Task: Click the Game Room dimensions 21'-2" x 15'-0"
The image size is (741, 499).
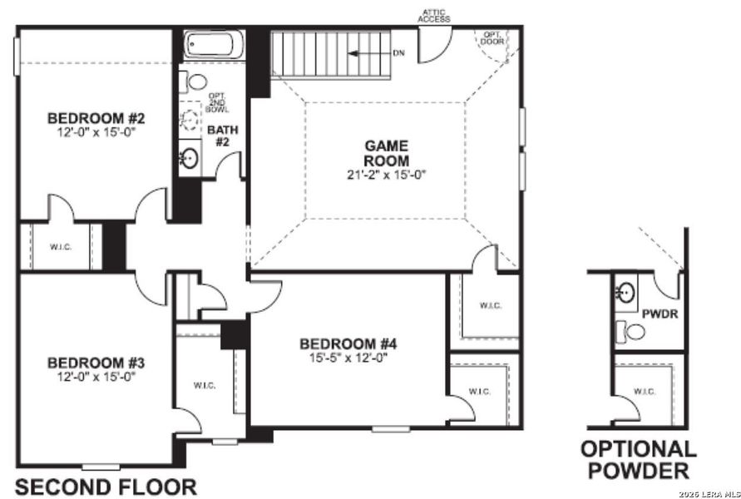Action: (387, 175)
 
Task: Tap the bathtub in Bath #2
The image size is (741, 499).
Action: (214, 43)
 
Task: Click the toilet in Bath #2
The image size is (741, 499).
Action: (196, 82)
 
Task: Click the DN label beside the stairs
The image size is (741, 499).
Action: (399, 53)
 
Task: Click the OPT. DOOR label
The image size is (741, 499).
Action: (492, 37)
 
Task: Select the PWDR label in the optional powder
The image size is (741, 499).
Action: (657, 315)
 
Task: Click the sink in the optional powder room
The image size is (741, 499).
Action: (625, 293)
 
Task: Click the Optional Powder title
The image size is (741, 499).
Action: (638, 460)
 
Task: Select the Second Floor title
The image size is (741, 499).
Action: (106, 487)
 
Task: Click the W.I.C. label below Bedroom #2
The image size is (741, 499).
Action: (58, 246)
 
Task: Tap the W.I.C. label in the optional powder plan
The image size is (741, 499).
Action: (644, 391)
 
